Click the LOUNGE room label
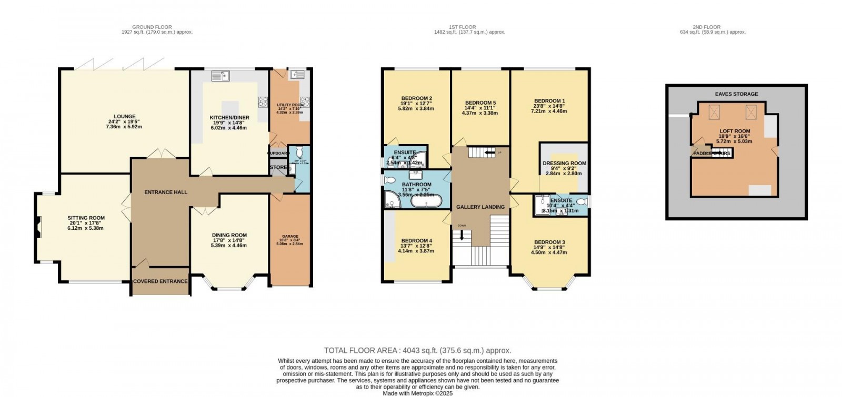[x=125, y=117]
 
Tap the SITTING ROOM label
[x=86, y=218]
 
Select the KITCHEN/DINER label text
[x=229, y=118]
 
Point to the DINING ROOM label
[x=229, y=236]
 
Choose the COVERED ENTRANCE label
[x=160, y=281]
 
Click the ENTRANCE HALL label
[x=166, y=192]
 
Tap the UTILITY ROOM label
[x=290, y=105]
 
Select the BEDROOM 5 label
[x=480, y=103]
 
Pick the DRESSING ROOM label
[x=564, y=164]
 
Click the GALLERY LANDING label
[x=480, y=207]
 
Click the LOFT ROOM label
[x=735, y=131]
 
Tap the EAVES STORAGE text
[x=736, y=94]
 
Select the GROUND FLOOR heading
[x=152, y=27]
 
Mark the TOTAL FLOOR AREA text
[x=417, y=350]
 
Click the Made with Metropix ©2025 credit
[x=417, y=393]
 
